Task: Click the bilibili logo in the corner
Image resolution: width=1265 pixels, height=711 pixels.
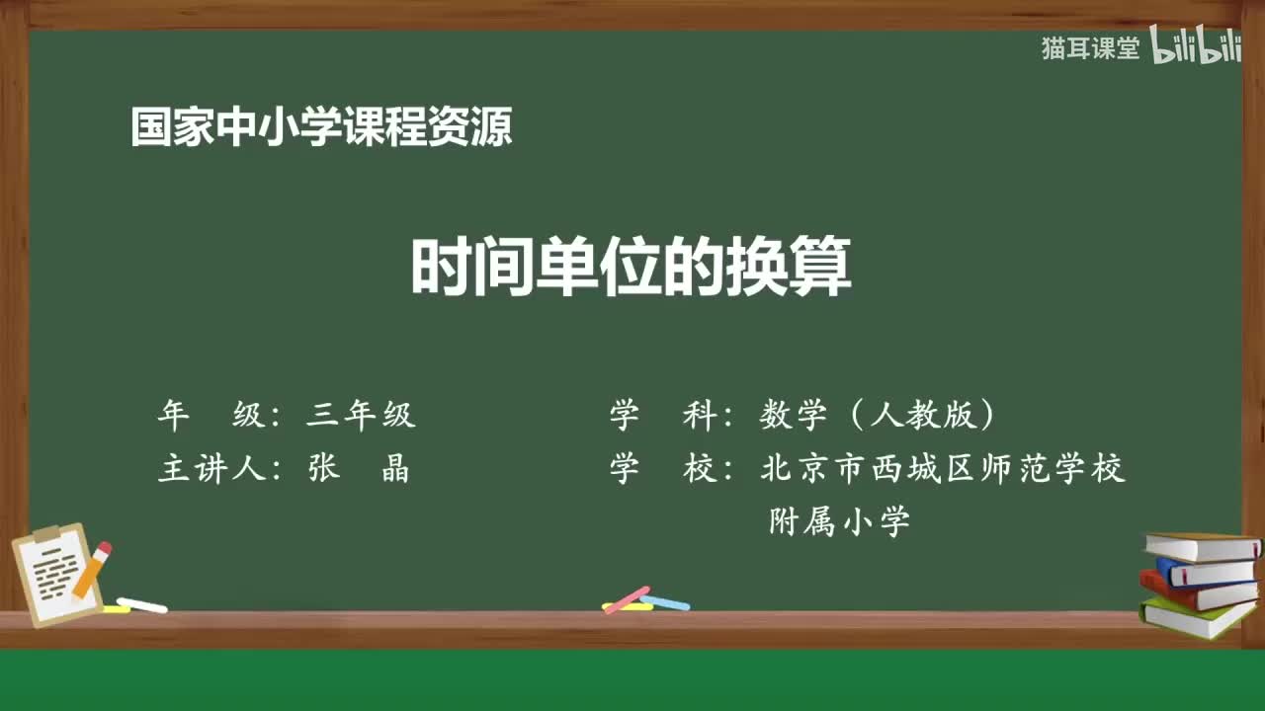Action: [1195, 47]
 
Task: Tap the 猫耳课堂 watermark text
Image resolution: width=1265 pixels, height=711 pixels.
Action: [1090, 48]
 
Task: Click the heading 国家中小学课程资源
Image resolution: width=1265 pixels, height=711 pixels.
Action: [321, 127]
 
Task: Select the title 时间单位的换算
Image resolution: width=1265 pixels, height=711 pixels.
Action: [631, 268]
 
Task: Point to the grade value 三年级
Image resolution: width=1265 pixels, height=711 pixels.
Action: [361, 416]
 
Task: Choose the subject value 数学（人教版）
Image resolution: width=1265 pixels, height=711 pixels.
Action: [878, 416]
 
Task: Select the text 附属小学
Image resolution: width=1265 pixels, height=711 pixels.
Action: [839, 521]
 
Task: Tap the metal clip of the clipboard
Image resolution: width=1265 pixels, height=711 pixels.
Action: [47, 534]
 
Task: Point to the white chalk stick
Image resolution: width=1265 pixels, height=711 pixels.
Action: [141, 604]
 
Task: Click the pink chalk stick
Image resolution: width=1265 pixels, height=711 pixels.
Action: [627, 598]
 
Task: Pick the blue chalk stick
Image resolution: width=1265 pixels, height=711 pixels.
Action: [665, 601]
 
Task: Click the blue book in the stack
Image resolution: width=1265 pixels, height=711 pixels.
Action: [1205, 572]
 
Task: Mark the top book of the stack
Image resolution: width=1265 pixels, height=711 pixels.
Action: [1202, 546]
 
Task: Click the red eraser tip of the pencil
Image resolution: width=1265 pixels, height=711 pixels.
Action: [104, 548]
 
